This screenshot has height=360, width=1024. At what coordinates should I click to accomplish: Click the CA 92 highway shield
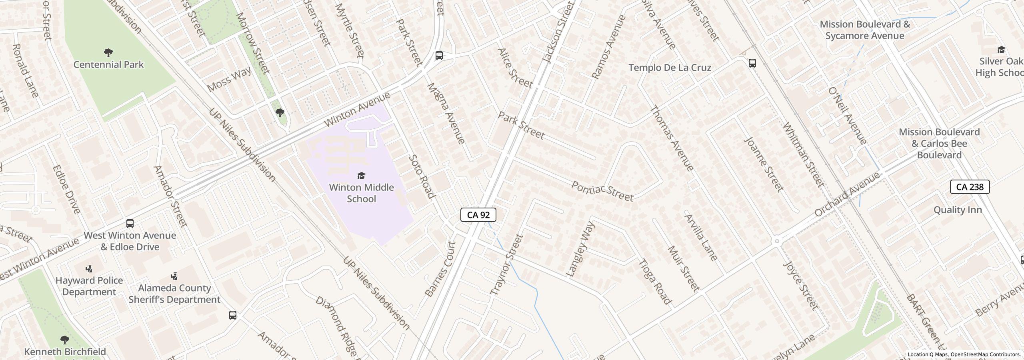[478, 215]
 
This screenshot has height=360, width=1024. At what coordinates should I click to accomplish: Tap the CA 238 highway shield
[970, 187]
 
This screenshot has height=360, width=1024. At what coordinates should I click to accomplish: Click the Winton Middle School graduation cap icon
[361, 176]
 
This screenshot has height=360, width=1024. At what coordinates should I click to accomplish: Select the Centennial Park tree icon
[108, 52]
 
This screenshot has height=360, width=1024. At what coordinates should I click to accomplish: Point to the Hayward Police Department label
[89, 286]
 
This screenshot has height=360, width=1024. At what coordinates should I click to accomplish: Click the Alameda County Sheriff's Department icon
[174, 276]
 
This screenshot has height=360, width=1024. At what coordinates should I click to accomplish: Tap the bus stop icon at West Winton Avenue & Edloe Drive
[130, 224]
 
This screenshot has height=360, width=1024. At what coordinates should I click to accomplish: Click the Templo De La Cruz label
[670, 68]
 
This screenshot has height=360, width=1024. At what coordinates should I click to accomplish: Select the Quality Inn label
[958, 210]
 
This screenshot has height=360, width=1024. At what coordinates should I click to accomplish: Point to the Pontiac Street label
[602, 191]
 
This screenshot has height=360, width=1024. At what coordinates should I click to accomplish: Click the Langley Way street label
[581, 249]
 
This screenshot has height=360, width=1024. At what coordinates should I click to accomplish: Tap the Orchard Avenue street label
[847, 194]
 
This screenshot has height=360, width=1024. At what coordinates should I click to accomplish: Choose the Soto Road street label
[421, 176]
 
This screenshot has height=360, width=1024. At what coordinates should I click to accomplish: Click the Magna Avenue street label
[446, 113]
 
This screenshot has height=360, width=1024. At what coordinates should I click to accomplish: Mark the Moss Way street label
[229, 79]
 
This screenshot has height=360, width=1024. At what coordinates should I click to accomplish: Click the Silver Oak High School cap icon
[1001, 50]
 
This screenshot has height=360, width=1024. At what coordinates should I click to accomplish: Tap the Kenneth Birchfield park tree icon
[64, 340]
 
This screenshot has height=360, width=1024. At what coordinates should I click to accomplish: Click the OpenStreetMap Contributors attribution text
[985, 354]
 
